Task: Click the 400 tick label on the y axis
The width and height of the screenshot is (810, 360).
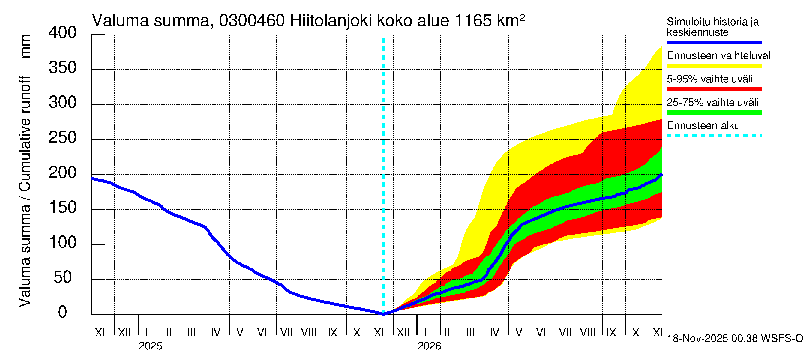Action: [x=62, y=33]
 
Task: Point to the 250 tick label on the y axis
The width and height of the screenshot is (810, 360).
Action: [x=62, y=138]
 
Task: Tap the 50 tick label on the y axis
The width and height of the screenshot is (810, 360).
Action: [x=62, y=277]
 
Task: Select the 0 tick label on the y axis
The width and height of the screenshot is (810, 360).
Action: [x=62, y=313]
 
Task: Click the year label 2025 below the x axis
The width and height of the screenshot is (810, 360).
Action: [x=150, y=346]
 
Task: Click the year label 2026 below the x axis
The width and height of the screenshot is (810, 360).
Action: [x=429, y=346]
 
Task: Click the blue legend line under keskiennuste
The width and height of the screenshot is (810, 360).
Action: [x=714, y=42]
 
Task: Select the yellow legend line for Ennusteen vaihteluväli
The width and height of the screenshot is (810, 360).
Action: [x=714, y=66]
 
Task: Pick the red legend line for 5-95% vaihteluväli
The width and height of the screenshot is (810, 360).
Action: [x=714, y=89]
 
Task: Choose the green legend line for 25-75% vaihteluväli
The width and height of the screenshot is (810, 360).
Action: [x=714, y=112]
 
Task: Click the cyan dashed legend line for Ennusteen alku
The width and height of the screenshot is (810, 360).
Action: [x=714, y=136]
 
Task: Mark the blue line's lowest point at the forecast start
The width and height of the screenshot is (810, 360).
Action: [x=383, y=314]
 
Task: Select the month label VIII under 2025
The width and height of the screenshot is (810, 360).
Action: [x=309, y=333]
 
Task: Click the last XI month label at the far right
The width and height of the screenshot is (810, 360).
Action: [x=658, y=333]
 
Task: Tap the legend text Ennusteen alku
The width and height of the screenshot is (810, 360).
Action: [x=703, y=126]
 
